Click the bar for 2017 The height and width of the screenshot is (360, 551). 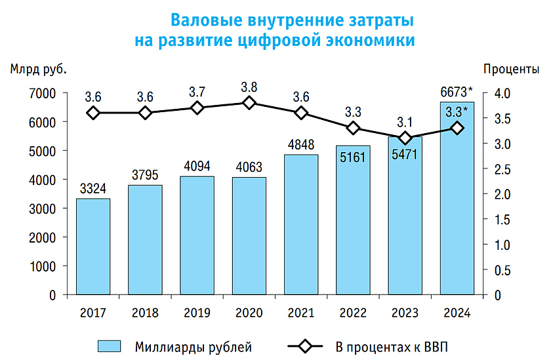[93, 246]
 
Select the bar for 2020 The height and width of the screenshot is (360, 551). [249, 235]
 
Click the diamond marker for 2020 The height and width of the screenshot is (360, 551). [249, 102]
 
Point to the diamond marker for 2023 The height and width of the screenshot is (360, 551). [405, 138]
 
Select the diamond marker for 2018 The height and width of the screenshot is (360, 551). [145, 113]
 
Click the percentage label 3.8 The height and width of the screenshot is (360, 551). [249, 87]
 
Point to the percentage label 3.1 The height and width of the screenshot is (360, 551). [405, 122]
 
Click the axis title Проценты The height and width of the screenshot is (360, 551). [511, 69]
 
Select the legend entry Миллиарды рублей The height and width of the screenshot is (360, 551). [193, 346]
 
